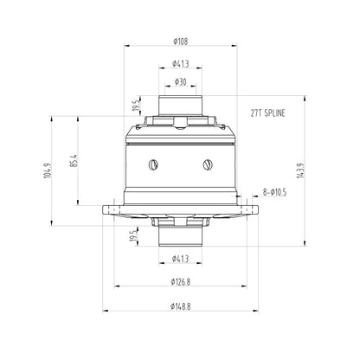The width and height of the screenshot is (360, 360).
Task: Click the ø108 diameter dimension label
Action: click(x=182, y=40)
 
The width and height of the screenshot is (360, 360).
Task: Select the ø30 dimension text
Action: click(x=181, y=81)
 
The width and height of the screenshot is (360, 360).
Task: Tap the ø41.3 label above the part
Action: click(x=181, y=63)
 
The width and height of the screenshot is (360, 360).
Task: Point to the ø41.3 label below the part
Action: click(x=181, y=258)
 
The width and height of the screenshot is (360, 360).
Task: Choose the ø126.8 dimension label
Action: click(x=181, y=282)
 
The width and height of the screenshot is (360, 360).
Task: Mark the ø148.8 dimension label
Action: click(x=181, y=305)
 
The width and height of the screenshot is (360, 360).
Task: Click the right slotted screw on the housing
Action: click(x=208, y=163)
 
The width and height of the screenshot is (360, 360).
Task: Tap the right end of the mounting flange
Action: click(x=254, y=209)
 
